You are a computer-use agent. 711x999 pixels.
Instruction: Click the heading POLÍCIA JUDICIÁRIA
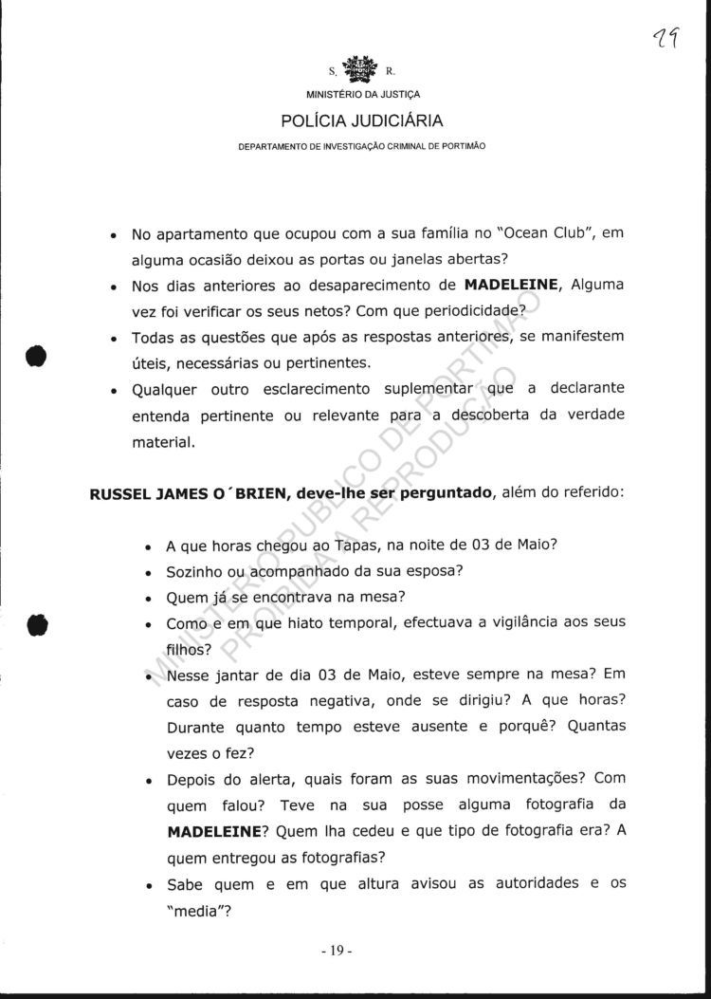pos(361,120)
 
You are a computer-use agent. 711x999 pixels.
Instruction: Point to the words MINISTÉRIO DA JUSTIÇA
pos(361,95)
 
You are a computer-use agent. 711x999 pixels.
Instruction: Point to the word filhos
pos(187,650)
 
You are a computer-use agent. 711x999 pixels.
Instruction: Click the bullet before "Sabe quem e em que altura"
pos(149,885)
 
